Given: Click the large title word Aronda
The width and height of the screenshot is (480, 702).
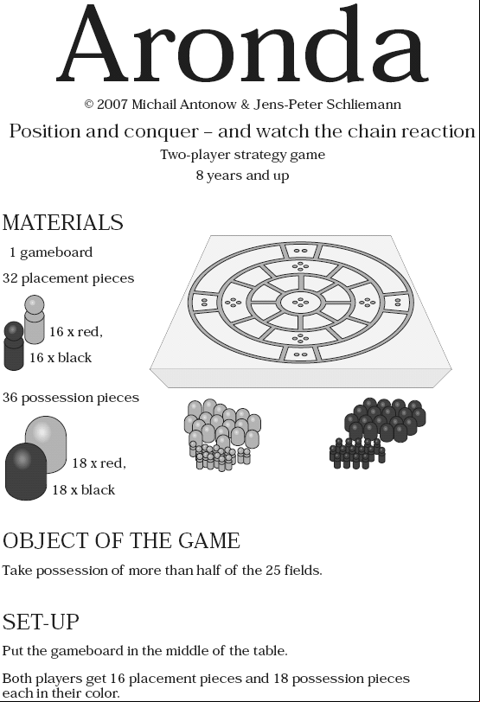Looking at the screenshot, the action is click(242, 44).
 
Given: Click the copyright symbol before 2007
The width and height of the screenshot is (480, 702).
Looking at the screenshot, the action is click(89, 105).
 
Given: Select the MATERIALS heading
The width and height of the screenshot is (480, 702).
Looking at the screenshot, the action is click(62, 222).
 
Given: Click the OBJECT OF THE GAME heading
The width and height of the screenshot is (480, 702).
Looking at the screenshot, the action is click(121, 540).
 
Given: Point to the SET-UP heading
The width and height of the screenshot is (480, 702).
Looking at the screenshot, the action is click(41, 622).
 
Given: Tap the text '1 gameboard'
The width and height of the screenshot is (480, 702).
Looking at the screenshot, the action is click(51, 252).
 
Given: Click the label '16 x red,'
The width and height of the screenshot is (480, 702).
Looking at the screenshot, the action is click(75, 332).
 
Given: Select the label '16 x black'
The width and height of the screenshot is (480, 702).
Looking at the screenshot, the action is click(61, 358).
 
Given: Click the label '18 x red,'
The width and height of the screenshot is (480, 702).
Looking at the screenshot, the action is click(99, 463).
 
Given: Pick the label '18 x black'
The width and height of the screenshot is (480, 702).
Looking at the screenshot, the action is click(83, 490).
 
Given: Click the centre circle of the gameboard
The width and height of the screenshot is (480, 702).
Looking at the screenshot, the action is click(300, 303).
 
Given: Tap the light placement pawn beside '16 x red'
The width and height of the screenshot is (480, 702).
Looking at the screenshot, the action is click(34, 319).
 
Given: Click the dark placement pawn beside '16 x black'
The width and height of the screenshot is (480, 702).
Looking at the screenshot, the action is click(14, 346).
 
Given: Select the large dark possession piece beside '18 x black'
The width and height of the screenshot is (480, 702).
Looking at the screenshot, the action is click(26, 471).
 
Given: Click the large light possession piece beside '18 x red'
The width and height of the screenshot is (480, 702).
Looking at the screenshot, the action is click(46, 444).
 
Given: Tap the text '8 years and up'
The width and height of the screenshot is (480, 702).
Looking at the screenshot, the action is click(242, 175).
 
